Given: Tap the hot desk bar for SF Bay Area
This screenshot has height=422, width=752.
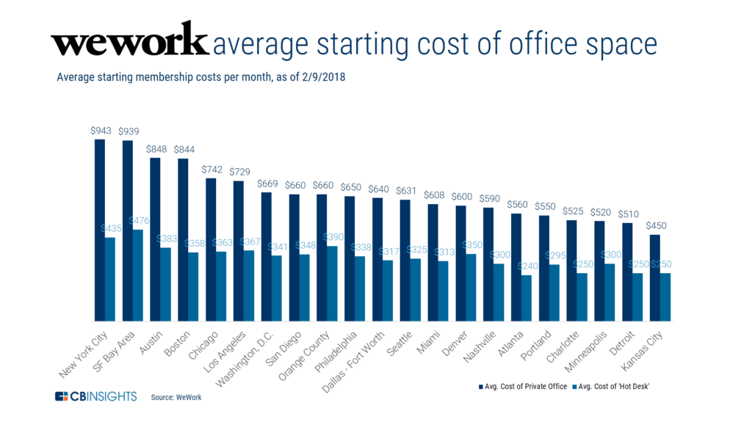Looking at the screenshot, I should pos(137,275).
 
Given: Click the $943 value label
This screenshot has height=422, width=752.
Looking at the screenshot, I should pos(101,131).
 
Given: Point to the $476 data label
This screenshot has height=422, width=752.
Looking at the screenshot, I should pos(140,220).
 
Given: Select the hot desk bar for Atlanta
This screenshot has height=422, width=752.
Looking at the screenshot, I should pos(527,298).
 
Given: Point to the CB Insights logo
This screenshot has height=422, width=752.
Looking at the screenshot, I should pos(96,396).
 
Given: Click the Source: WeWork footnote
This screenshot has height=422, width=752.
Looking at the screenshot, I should pos(176,397).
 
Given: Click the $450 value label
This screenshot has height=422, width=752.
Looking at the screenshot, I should pos(655,226).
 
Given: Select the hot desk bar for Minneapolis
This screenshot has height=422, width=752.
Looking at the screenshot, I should pos(610,292).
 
